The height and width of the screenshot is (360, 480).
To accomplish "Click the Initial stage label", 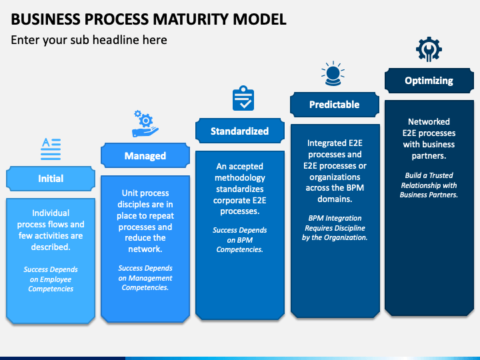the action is click(x=51, y=179).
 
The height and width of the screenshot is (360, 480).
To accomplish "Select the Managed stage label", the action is click(x=145, y=156).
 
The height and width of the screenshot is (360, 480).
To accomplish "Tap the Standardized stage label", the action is click(x=240, y=131).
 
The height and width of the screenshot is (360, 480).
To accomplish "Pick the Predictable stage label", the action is click(x=334, y=105).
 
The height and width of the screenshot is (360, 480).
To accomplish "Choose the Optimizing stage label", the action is click(x=429, y=81).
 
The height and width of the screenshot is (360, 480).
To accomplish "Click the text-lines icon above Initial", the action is click(x=51, y=149).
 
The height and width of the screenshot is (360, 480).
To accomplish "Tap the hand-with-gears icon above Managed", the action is click(x=145, y=123).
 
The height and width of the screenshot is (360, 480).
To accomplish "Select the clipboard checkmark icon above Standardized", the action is click(x=243, y=98).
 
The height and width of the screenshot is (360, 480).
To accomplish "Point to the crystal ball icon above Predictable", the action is click(x=333, y=73).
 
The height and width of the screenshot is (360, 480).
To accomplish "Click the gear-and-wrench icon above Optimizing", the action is click(x=429, y=49).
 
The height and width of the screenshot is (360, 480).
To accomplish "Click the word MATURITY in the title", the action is click(x=191, y=19).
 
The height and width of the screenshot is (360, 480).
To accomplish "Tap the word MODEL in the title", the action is click(x=259, y=19).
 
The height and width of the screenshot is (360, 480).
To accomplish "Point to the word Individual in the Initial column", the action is click(x=51, y=213).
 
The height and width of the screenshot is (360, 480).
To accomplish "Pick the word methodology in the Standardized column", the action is click(x=240, y=178).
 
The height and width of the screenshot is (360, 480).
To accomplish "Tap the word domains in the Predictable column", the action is click(x=335, y=199).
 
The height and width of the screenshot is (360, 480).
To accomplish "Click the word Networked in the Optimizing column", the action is click(x=429, y=122).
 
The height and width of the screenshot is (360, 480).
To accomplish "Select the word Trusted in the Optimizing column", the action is click(x=441, y=175).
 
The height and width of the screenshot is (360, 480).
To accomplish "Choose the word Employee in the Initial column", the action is click(x=56, y=279).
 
